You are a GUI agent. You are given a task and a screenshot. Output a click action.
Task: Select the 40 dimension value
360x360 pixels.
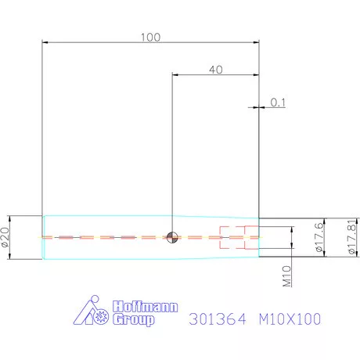[216, 70]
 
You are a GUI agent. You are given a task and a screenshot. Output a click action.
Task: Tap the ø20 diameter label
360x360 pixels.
[7, 238]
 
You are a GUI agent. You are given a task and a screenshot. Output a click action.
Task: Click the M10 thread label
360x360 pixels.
[286, 275]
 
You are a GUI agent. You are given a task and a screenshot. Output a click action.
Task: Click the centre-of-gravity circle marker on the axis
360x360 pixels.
[172, 236]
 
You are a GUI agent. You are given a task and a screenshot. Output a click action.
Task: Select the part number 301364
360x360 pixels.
[218, 320]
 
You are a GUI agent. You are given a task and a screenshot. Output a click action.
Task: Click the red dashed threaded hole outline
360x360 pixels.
[235, 236]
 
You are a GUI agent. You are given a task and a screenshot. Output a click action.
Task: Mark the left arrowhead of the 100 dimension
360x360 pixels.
[45, 43]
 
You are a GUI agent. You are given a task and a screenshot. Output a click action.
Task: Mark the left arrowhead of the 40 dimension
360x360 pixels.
[175, 75]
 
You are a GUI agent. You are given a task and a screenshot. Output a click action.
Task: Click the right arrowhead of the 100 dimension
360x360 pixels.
[257, 43]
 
